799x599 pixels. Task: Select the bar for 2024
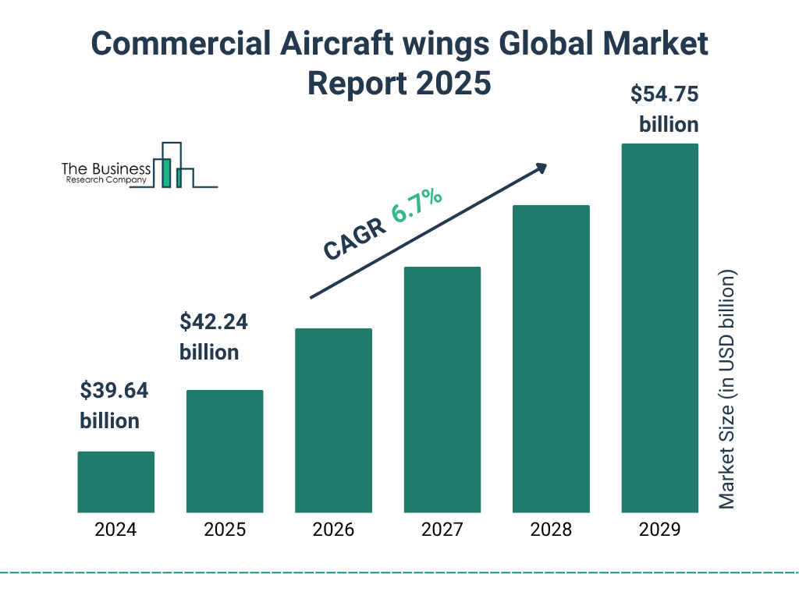pos(115,482)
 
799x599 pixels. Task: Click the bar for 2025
pos(225,451)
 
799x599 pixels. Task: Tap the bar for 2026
pos(333,420)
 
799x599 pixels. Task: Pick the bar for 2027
pos(442,389)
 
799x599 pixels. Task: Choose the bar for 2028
pos(551,359)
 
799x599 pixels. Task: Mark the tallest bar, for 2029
pos(659,328)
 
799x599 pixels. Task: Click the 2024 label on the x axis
pos(115,530)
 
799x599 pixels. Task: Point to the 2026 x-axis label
pos(333,530)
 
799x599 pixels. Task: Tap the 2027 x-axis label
pos(442,530)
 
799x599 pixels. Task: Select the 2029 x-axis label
pos(659,530)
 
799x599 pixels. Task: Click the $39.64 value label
pos(114,391)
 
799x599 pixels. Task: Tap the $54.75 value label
pos(664,95)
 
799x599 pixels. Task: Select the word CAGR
pos(353,238)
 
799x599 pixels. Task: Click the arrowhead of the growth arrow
pos(540,168)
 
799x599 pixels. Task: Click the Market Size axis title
pos(727,390)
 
